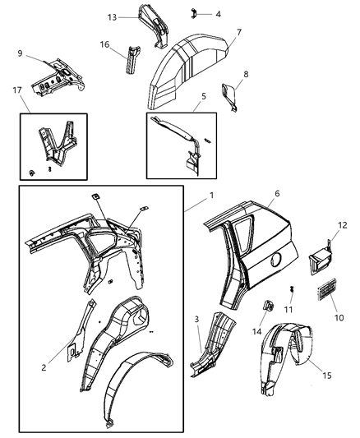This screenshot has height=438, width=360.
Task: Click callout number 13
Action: click(112, 17)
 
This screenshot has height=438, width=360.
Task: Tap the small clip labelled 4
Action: click(193, 14)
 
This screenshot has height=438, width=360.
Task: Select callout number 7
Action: click(239, 33)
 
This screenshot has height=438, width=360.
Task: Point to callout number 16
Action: click(104, 44)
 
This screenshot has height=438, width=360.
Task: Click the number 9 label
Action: click(20, 53)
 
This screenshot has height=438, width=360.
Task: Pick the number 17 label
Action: click(17, 90)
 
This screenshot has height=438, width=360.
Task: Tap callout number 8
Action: click(246, 74)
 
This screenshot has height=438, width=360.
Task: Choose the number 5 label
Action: click(204, 96)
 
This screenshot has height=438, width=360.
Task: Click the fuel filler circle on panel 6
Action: click(276, 259)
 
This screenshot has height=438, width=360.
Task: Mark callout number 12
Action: click(343, 225)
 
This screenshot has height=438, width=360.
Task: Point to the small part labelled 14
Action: click(269, 305)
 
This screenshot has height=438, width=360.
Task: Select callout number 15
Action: click(327, 376)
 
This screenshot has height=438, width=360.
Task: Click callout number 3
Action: click(196, 319)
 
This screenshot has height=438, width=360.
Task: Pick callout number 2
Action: click(44, 367)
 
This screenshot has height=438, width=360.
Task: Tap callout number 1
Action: click(212, 196)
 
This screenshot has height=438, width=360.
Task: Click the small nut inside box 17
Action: click(32, 173)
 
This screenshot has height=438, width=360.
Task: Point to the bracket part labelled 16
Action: click(132, 59)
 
